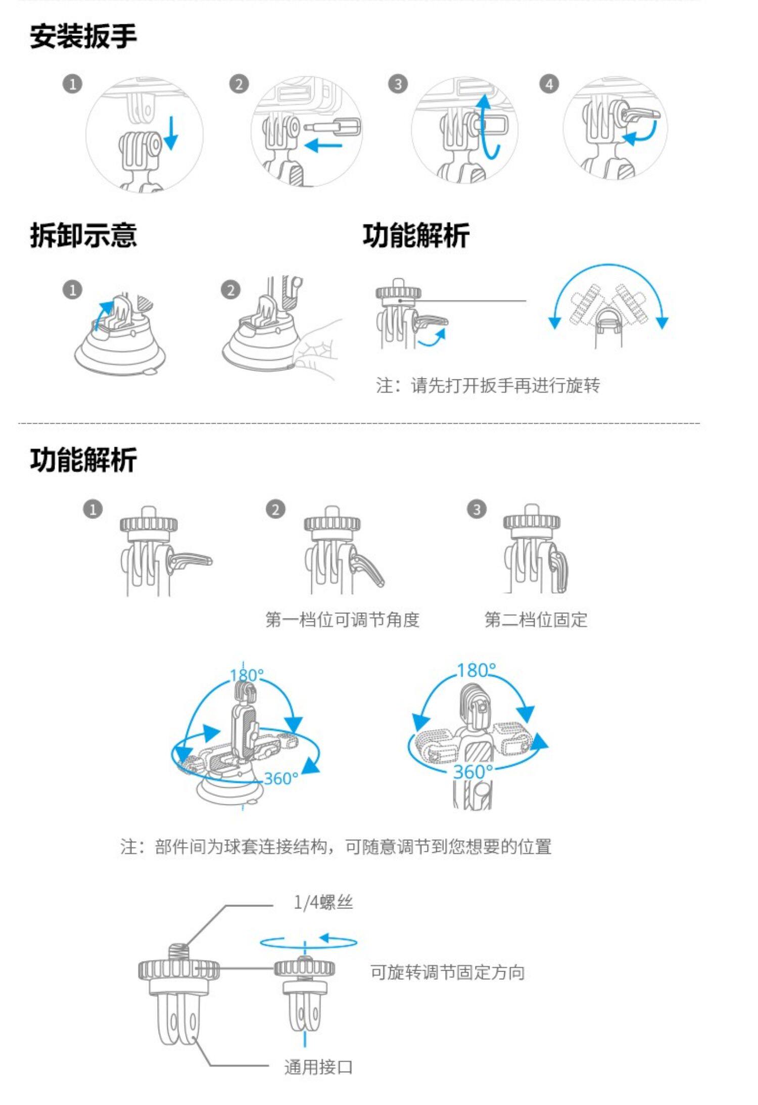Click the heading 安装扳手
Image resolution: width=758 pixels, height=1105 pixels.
tap(83, 37)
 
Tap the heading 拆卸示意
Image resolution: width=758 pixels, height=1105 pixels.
tap(83, 235)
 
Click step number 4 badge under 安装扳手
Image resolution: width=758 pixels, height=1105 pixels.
tap(549, 84)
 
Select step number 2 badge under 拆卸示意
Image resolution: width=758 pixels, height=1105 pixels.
tap(231, 290)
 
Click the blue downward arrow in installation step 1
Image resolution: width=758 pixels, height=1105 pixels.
tap(171, 133)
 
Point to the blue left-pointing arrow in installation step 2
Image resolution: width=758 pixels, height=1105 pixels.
tap(323, 147)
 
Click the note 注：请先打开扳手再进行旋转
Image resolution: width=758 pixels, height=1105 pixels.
tap(488, 386)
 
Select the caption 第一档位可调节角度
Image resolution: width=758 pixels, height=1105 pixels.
tap(343, 619)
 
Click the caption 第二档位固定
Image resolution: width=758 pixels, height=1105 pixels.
tap(536, 619)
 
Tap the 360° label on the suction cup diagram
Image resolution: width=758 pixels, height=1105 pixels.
tap(280, 779)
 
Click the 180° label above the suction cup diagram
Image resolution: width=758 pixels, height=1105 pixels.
tap(247, 675)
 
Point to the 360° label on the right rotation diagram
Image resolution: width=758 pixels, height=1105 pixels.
tap(472, 772)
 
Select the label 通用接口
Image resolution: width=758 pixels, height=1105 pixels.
tap(318, 1068)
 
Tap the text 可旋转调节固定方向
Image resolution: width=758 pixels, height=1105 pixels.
tap(447, 972)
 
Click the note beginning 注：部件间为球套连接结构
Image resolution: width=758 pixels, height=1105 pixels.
tap(336, 846)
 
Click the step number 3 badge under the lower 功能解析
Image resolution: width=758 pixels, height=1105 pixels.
tap(476, 509)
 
